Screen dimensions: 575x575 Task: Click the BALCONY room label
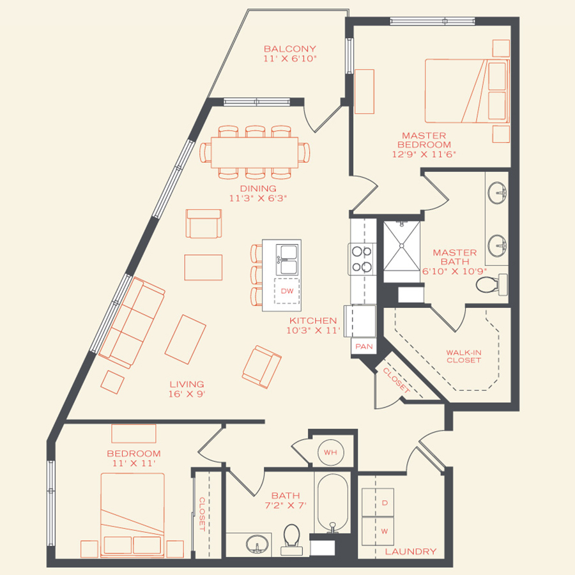point(290,49)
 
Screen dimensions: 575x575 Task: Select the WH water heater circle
point(330,452)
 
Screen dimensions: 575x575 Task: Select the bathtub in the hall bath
point(332,502)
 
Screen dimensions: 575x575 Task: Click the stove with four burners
point(361,258)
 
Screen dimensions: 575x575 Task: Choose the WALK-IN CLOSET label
point(463,356)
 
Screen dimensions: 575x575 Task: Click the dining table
point(255,153)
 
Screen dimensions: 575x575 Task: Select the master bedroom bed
point(466,91)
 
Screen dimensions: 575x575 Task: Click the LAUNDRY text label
point(411,551)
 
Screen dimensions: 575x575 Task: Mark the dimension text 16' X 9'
point(187,394)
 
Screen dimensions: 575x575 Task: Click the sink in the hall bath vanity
point(257,543)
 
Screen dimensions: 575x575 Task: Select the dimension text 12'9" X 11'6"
point(424,154)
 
